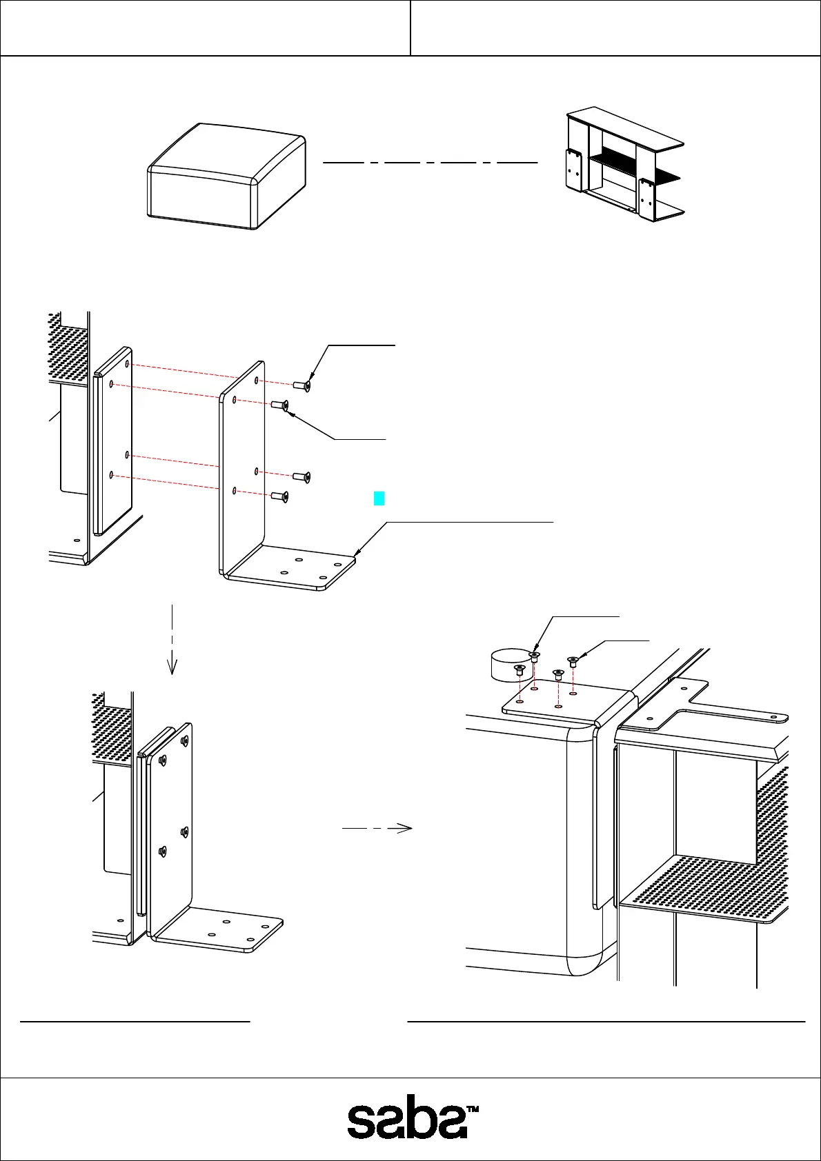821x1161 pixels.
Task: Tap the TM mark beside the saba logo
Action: (x=473, y=1109)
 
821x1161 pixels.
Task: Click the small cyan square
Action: (x=379, y=498)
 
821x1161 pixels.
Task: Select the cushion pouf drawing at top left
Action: (x=227, y=176)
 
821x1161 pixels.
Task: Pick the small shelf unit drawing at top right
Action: (x=624, y=165)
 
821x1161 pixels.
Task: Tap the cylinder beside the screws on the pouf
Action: (x=508, y=663)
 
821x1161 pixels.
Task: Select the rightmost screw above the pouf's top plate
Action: (x=573, y=661)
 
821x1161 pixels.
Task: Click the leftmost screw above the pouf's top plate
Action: (x=520, y=669)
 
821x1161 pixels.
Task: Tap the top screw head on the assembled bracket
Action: (x=184, y=740)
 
